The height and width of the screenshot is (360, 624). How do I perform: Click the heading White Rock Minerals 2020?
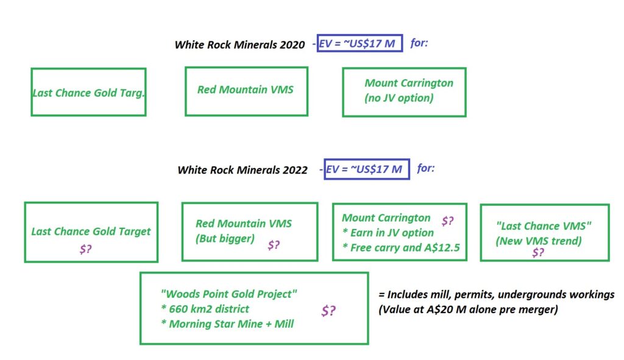(239, 44)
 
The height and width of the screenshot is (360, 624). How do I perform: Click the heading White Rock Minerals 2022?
(243, 170)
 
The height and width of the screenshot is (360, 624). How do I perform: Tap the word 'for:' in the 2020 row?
(419, 43)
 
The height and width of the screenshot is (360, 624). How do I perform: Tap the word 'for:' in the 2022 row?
(426, 168)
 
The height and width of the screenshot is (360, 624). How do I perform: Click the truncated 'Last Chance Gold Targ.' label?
(88, 93)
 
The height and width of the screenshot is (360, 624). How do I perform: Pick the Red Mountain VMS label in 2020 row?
(245, 90)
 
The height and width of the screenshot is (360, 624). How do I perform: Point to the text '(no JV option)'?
(399, 98)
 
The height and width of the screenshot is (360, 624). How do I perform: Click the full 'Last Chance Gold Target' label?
(91, 231)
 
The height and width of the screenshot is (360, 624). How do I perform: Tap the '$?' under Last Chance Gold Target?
(85, 249)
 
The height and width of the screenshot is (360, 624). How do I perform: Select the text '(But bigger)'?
(225, 239)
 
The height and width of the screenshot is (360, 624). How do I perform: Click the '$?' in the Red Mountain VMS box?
(274, 245)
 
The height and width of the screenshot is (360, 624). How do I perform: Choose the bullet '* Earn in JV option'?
(388, 233)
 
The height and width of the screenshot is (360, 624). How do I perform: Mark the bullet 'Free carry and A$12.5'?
(405, 248)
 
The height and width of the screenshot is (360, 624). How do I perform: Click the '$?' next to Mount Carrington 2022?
(447, 221)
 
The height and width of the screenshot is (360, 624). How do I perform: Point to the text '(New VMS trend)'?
(539, 241)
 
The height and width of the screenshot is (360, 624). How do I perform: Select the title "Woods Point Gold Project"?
(229, 294)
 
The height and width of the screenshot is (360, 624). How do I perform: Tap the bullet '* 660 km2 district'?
(205, 309)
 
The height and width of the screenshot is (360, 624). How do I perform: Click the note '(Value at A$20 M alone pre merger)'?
(468, 309)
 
